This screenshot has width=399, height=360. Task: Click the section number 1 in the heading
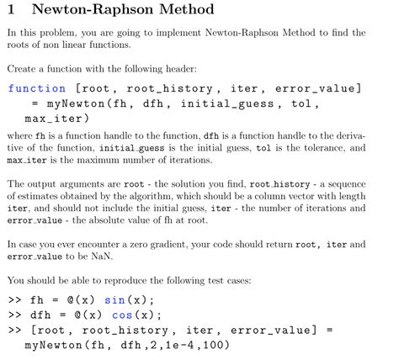point(13,10)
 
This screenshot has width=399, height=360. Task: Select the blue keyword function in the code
point(36,87)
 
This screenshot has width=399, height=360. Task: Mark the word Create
point(21,66)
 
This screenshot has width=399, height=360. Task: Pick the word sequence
point(344,183)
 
